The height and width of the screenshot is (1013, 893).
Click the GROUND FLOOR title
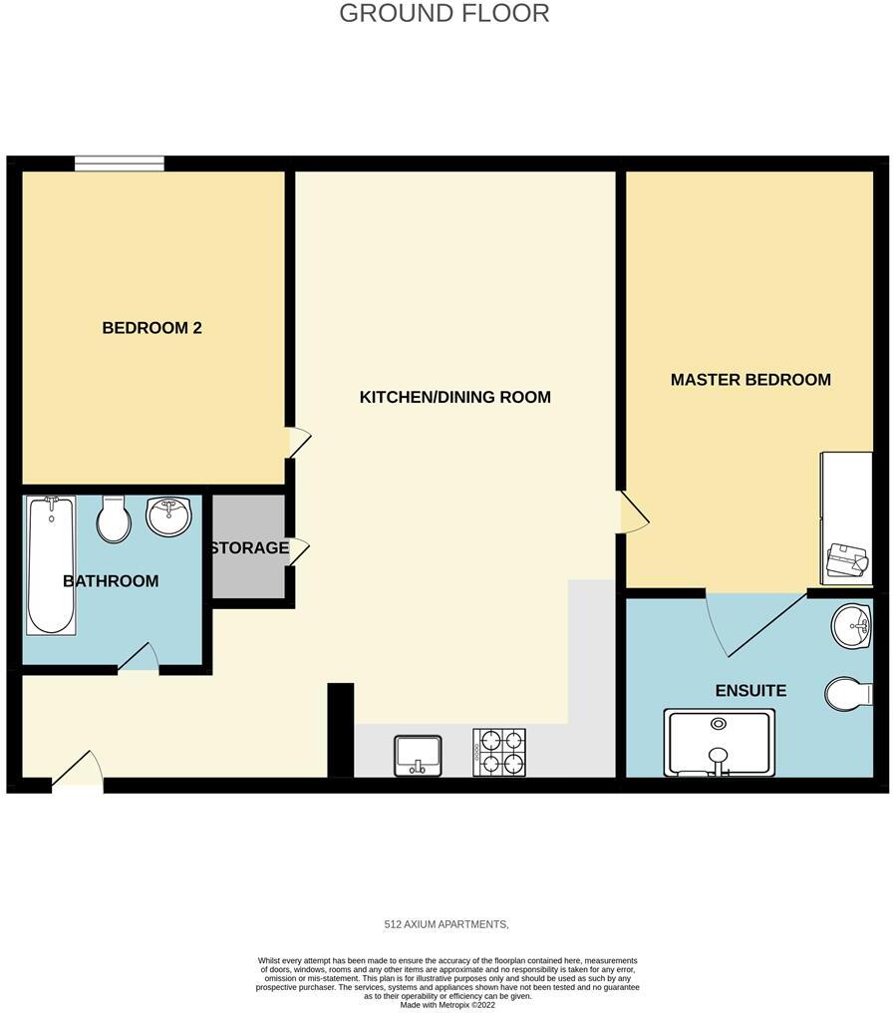click(444, 14)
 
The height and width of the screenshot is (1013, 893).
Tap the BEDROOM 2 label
click(152, 328)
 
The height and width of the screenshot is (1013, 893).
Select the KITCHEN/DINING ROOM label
click(454, 397)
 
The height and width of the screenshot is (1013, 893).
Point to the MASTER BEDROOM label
click(749, 380)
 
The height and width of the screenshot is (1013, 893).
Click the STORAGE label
click(249, 547)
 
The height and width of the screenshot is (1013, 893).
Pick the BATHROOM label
click(111, 581)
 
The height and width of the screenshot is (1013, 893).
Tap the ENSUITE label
click(750, 691)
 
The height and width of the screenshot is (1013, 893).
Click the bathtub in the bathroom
click(50, 564)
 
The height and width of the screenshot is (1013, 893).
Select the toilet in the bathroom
click(114, 519)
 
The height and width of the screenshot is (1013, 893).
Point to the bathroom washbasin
click(169, 516)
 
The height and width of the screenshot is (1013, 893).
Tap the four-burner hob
click(499, 753)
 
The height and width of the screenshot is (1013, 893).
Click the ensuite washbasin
click(850, 625)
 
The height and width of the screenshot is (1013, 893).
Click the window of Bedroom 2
click(120, 164)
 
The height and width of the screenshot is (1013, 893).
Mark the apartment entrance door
click(78, 772)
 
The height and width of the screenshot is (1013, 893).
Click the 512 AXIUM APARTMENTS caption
click(446, 925)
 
